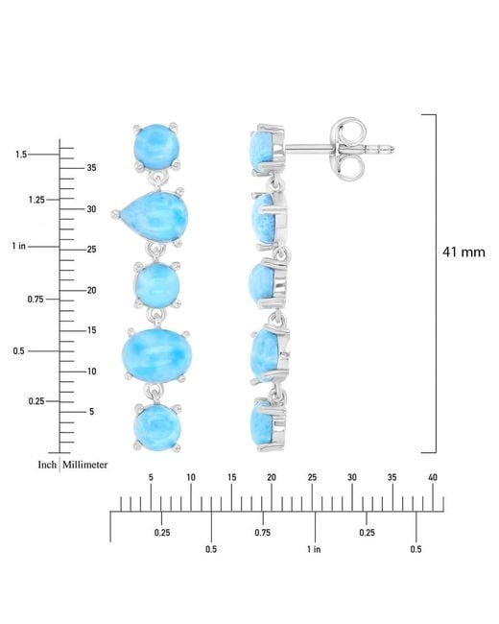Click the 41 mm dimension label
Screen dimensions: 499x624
(463, 252)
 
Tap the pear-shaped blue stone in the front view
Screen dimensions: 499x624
(154, 216)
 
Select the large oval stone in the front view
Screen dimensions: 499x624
(156, 355)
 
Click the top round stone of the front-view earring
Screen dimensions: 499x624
(156, 147)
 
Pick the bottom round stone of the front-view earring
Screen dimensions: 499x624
(158, 427)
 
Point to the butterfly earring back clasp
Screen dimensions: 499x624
(348, 149)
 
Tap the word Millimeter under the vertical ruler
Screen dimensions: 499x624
(84, 465)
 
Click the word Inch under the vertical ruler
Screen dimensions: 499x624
(47, 465)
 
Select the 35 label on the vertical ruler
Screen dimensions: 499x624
(91, 168)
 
